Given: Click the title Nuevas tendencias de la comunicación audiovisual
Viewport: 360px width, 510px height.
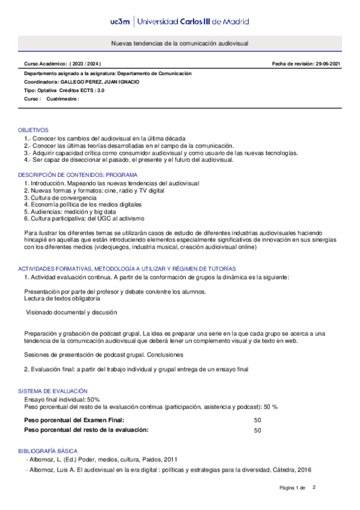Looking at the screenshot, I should (x=180, y=45).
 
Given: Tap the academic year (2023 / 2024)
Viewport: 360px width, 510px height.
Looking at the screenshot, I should (x=85, y=64).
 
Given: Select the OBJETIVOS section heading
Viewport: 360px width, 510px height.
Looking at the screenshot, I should (x=33, y=131).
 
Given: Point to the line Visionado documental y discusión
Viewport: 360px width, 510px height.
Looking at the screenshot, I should (x=72, y=313).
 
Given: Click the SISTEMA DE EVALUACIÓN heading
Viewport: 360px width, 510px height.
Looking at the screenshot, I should (x=53, y=391).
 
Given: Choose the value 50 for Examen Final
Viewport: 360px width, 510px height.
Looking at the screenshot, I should (x=258, y=420).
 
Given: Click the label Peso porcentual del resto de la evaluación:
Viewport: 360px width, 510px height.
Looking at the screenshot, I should (x=85, y=431).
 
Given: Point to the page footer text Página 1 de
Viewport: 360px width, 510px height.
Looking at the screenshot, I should (x=293, y=487).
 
